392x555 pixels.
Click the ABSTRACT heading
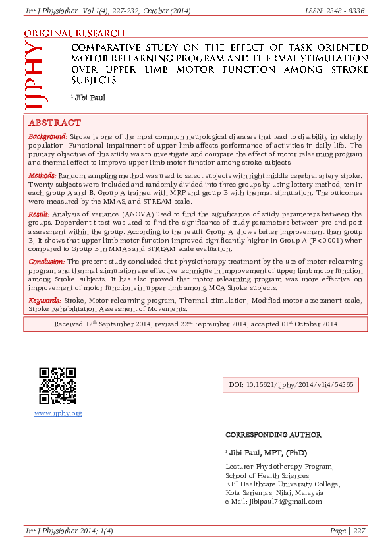coord(54,123)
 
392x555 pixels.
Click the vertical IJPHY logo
coord(34,78)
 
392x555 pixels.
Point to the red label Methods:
coord(42,176)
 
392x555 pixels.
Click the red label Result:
coord(39,214)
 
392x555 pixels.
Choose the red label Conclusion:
coord(46,262)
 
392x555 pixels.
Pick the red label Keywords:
coord(45,301)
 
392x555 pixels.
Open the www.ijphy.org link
coord(57,413)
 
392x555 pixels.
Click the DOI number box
coord(291,384)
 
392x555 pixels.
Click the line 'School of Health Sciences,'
coord(267,475)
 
